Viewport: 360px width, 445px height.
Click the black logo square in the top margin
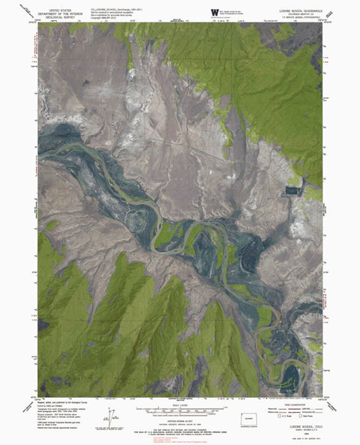pyautogui.click(x=215, y=11)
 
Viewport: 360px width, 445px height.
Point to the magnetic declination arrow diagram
pyautogui.click(x=111, y=414)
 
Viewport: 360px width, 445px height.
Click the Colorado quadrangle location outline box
pyautogui.click(x=252, y=416)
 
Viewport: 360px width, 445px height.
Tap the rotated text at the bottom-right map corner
pyautogui.click(x=323, y=395)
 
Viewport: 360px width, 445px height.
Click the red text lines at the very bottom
pyautogui.click(x=180, y=439)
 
